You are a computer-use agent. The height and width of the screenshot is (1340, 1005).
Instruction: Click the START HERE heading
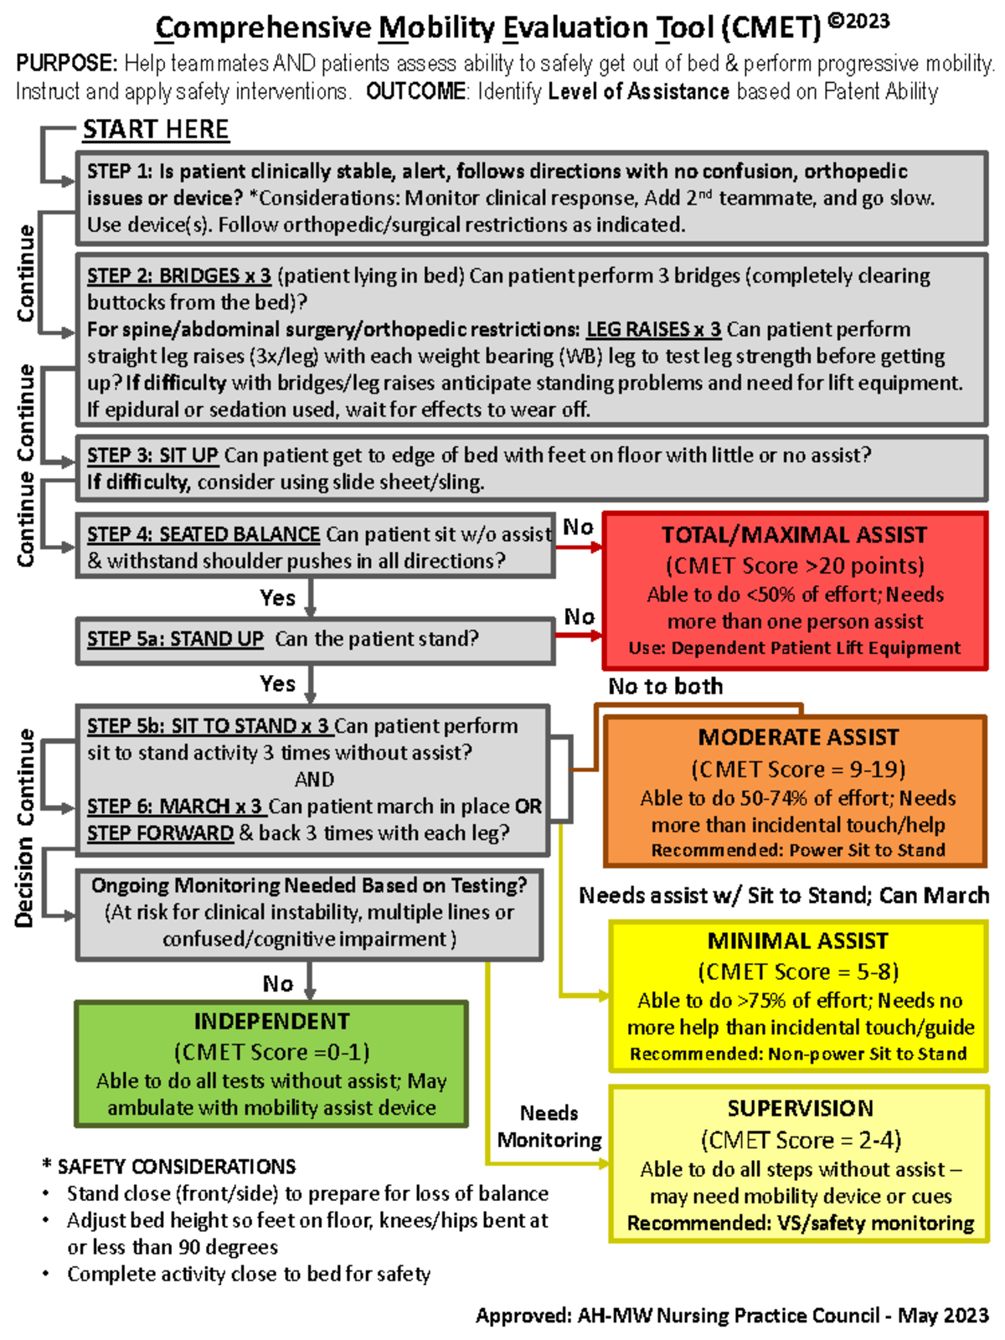(155, 130)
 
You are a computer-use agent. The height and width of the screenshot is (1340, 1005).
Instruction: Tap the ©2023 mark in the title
(858, 22)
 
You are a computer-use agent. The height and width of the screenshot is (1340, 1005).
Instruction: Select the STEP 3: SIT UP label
(152, 456)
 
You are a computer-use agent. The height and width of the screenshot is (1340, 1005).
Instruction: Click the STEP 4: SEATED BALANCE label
(204, 534)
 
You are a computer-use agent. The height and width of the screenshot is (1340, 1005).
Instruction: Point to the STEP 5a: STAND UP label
(175, 639)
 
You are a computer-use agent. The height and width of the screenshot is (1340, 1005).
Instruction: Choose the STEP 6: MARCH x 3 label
(175, 807)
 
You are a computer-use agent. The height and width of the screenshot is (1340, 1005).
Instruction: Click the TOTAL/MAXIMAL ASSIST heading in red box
(794, 535)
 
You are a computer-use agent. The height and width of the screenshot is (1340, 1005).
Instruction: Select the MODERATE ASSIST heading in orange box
(798, 738)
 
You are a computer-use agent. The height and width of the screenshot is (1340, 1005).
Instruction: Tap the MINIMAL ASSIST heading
(797, 941)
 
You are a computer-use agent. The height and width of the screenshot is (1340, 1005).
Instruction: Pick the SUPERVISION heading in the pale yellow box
(800, 1109)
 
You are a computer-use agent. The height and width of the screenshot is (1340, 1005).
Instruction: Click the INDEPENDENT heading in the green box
(271, 1022)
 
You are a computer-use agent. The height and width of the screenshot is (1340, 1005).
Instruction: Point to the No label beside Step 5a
(579, 617)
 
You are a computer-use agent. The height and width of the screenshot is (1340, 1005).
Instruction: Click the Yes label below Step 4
(277, 598)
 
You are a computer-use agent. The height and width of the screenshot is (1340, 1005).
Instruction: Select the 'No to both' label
(665, 687)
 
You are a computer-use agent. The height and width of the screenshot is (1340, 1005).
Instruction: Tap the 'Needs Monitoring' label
(549, 1126)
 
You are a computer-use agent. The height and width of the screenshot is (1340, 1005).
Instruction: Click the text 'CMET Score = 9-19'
(797, 770)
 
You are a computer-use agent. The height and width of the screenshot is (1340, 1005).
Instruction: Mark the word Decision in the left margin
(24, 884)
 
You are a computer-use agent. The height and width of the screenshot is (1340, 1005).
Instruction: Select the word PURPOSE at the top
(66, 64)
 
